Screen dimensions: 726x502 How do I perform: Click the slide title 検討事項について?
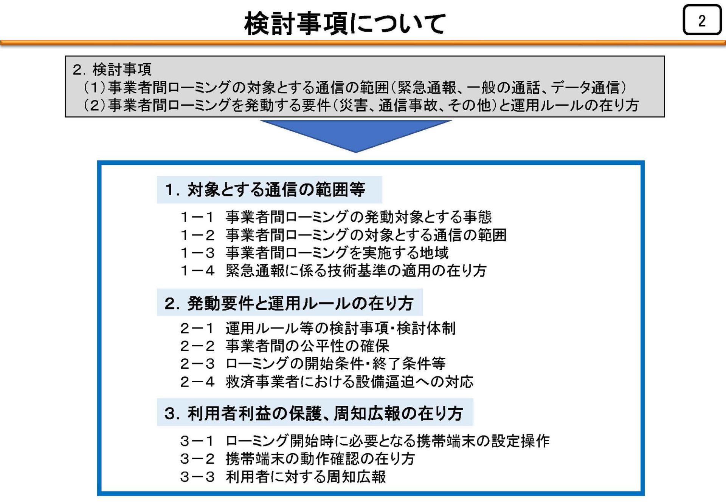(x=345, y=23)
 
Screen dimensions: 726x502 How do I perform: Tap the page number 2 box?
(x=702, y=20)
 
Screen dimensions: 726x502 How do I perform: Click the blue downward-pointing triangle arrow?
(x=355, y=136)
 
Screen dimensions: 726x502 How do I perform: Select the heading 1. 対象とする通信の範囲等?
(x=265, y=189)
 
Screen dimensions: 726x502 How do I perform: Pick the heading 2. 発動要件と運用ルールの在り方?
(x=289, y=303)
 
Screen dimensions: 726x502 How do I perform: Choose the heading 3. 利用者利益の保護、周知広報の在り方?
(x=314, y=413)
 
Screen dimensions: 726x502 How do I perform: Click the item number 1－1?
(x=197, y=217)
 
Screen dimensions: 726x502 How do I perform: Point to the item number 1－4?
(x=197, y=270)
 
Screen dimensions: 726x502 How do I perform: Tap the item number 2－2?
(x=197, y=346)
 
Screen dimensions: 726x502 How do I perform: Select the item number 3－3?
(x=197, y=477)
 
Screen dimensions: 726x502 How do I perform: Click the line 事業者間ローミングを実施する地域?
(x=337, y=253)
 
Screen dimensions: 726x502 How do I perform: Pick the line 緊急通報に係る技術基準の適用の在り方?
(x=356, y=270)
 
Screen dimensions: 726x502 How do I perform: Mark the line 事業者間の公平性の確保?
(x=307, y=346)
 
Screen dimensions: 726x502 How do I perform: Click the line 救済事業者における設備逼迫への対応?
(x=349, y=382)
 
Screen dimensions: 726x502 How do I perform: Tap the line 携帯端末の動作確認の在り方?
(x=320, y=459)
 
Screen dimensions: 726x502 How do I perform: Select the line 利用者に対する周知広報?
(x=306, y=477)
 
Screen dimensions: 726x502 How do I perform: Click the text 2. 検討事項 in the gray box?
(x=112, y=70)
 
